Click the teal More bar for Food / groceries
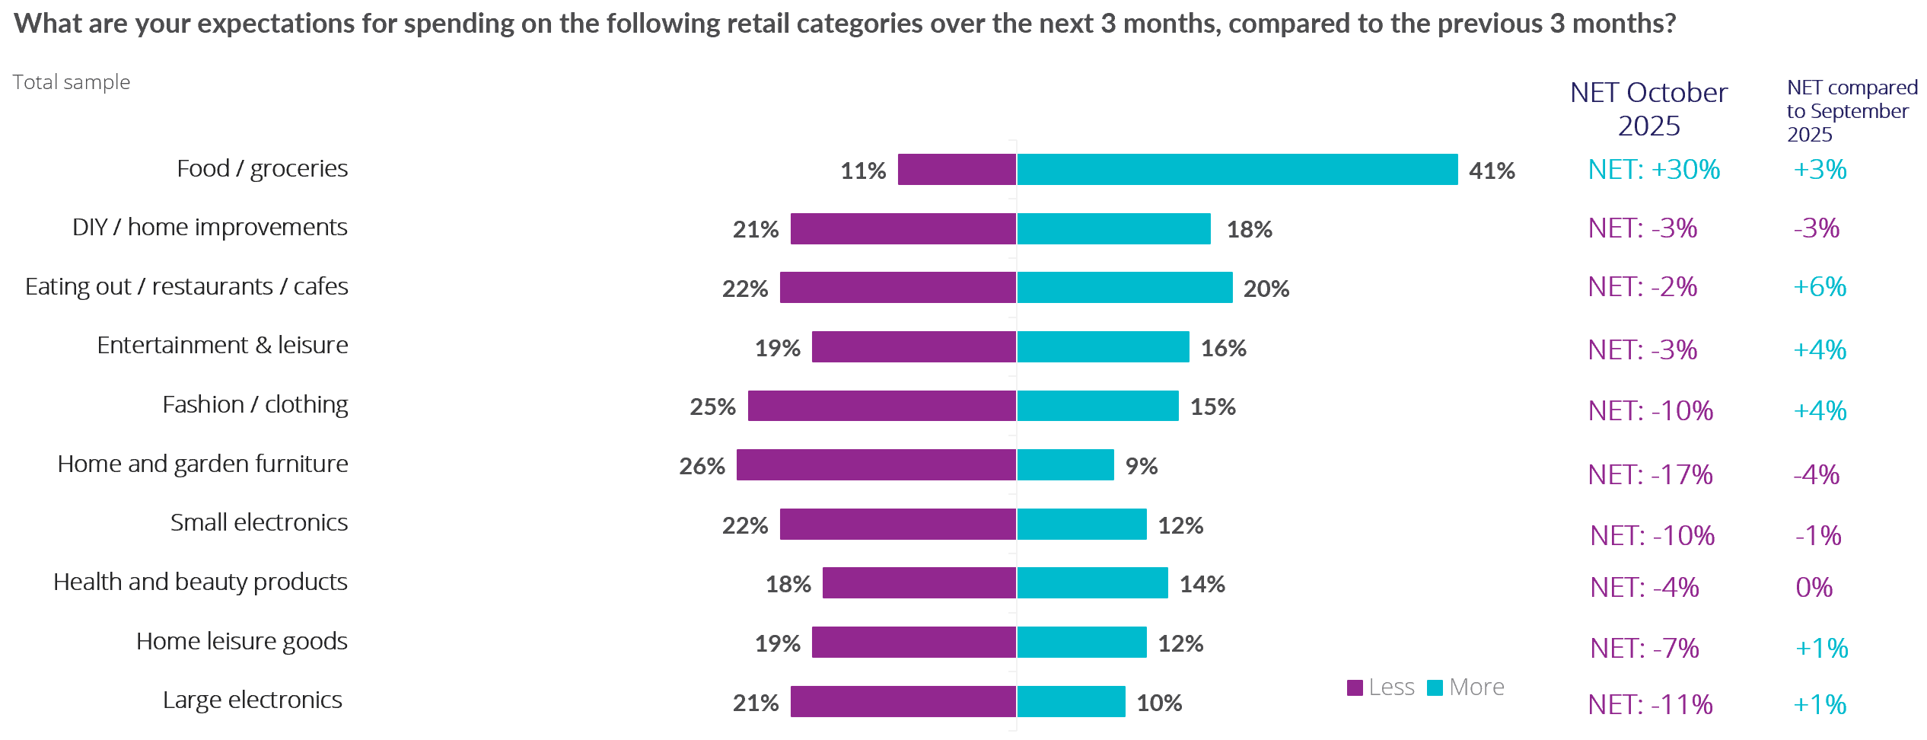pos(1237,169)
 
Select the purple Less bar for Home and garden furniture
pos(876,464)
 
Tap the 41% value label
pos(1492,171)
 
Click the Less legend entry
pos(1381,687)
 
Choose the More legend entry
pos(1466,687)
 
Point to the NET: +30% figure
pos(1654,169)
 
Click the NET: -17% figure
pos(1650,475)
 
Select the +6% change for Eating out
pos(1820,287)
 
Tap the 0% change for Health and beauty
pos(1814,587)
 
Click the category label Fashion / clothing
pos(255,404)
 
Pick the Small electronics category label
pos(259,522)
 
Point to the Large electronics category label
pos(252,700)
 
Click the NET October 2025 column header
pos(1648,109)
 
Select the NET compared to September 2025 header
pos(1851,111)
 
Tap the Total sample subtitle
pos(72,82)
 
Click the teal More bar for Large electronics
pos(1071,701)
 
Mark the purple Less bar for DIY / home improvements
pos(903,228)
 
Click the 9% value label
pos(1142,466)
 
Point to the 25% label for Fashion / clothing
pos(712,407)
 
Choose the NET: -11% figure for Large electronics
pos(1650,704)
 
